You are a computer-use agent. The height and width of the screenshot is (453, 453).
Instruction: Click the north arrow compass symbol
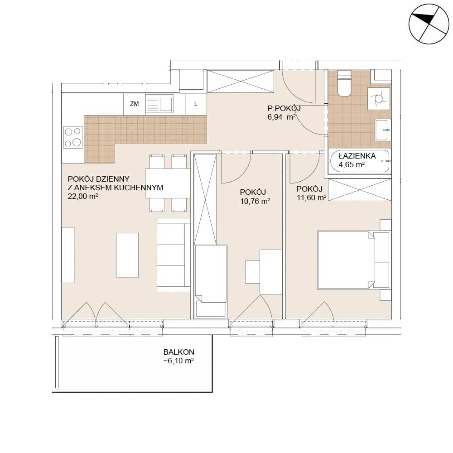click(429, 24)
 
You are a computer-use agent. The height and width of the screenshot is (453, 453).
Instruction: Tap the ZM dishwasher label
click(135, 104)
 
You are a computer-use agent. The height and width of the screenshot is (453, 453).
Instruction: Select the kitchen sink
click(159, 104)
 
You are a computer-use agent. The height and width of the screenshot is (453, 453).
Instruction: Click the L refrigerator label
click(196, 104)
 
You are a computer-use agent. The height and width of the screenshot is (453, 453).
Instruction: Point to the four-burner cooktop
click(73, 137)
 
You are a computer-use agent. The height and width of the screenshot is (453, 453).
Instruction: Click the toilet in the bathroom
click(344, 83)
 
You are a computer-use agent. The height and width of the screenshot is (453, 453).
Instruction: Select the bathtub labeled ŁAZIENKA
click(360, 161)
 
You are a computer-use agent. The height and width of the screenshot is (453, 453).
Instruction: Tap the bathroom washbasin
click(383, 130)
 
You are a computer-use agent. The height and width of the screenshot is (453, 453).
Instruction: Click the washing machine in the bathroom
click(378, 98)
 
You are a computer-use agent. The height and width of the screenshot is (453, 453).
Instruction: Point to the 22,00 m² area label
click(83, 197)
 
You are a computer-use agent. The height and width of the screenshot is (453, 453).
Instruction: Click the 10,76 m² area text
click(255, 201)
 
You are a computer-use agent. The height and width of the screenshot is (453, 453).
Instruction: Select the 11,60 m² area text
click(312, 198)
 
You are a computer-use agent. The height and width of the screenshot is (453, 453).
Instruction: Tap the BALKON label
click(179, 352)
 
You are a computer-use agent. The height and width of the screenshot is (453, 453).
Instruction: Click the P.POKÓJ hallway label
click(284, 108)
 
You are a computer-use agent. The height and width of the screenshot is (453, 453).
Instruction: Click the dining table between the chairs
click(168, 183)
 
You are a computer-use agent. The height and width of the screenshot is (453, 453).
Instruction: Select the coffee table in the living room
click(127, 255)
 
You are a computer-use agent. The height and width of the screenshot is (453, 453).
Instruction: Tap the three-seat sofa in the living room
click(173, 255)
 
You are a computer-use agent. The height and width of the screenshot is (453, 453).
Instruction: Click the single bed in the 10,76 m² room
click(211, 282)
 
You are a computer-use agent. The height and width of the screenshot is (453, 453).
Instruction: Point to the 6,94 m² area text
click(282, 117)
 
